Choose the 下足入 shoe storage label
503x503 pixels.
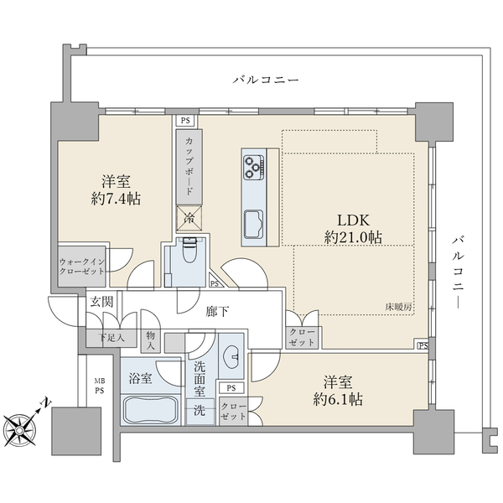click(106, 338)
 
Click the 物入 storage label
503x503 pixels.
click(151, 339)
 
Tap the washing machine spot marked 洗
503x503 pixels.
click(200, 412)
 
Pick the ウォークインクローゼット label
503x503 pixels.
click(82, 267)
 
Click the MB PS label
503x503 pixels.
click(99, 386)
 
